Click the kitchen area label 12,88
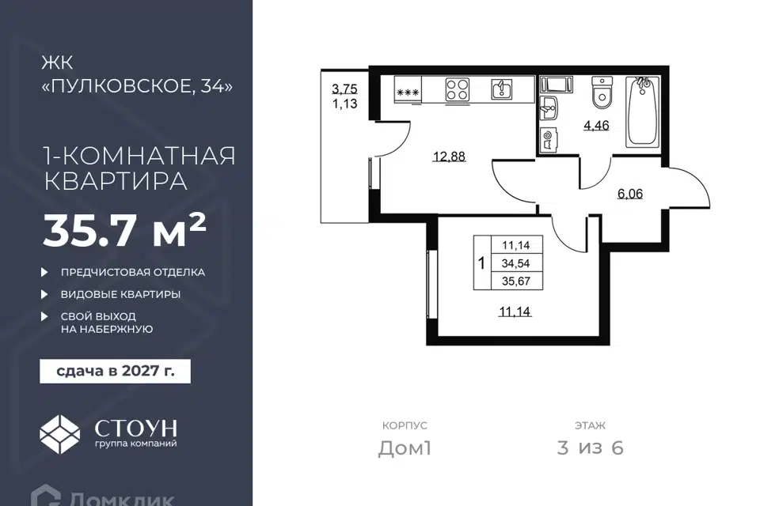click(449, 157)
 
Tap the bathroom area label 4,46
click(596, 126)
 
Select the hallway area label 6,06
click(630, 194)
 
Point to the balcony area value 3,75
click(344, 89)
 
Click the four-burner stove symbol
click(457, 89)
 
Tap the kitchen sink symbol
click(502, 89)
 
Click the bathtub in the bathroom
click(643, 111)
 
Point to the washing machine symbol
click(548, 139)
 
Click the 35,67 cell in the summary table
click(516, 281)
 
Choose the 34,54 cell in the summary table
click(516, 263)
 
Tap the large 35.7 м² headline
click(125, 231)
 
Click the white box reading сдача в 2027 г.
click(116, 372)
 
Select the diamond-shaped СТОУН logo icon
click(59, 434)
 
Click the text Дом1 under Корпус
click(405, 448)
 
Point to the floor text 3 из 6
click(591, 448)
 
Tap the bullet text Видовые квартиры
click(120, 294)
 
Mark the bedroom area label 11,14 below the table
click(515, 312)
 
